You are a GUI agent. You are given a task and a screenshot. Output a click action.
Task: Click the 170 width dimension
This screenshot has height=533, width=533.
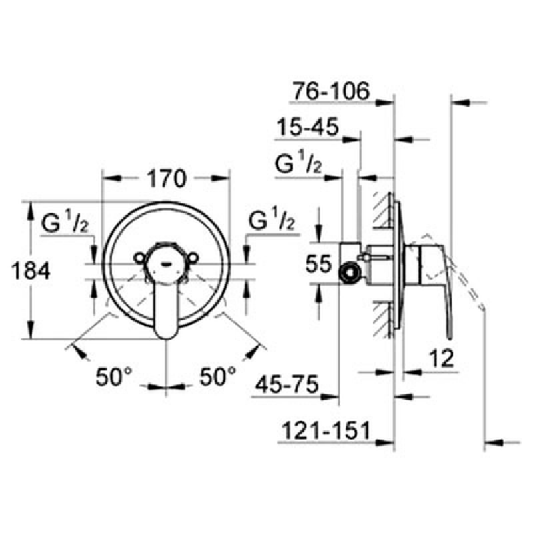(x=167, y=179)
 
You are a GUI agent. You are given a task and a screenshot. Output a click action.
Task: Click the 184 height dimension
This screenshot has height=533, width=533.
(x=31, y=271)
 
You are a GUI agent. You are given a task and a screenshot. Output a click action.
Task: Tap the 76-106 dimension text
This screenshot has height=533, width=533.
(x=331, y=91)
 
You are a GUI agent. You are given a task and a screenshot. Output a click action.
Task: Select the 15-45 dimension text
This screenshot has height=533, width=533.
(x=308, y=127)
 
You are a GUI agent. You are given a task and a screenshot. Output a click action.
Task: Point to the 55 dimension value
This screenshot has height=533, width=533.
(x=318, y=264)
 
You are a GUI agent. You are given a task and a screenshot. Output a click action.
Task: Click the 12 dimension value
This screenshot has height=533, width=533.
(x=442, y=358)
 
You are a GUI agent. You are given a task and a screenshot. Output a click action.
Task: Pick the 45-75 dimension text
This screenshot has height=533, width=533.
(x=287, y=384)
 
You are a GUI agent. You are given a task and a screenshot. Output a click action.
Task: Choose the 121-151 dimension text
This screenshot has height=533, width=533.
(x=326, y=430)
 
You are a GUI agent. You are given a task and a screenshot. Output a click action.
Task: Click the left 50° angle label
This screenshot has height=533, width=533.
(x=113, y=376)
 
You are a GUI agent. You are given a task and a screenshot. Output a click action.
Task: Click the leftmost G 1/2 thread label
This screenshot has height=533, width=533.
(x=65, y=222)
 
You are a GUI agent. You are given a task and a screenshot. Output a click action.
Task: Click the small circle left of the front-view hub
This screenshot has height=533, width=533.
(x=139, y=258)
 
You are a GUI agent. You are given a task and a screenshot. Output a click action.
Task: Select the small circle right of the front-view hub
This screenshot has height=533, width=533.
(x=193, y=258)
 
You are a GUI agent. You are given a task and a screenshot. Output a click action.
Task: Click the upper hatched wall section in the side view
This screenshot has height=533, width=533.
(x=383, y=209)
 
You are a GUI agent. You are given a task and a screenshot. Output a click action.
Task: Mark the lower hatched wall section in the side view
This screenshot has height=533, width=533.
(x=383, y=319)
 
